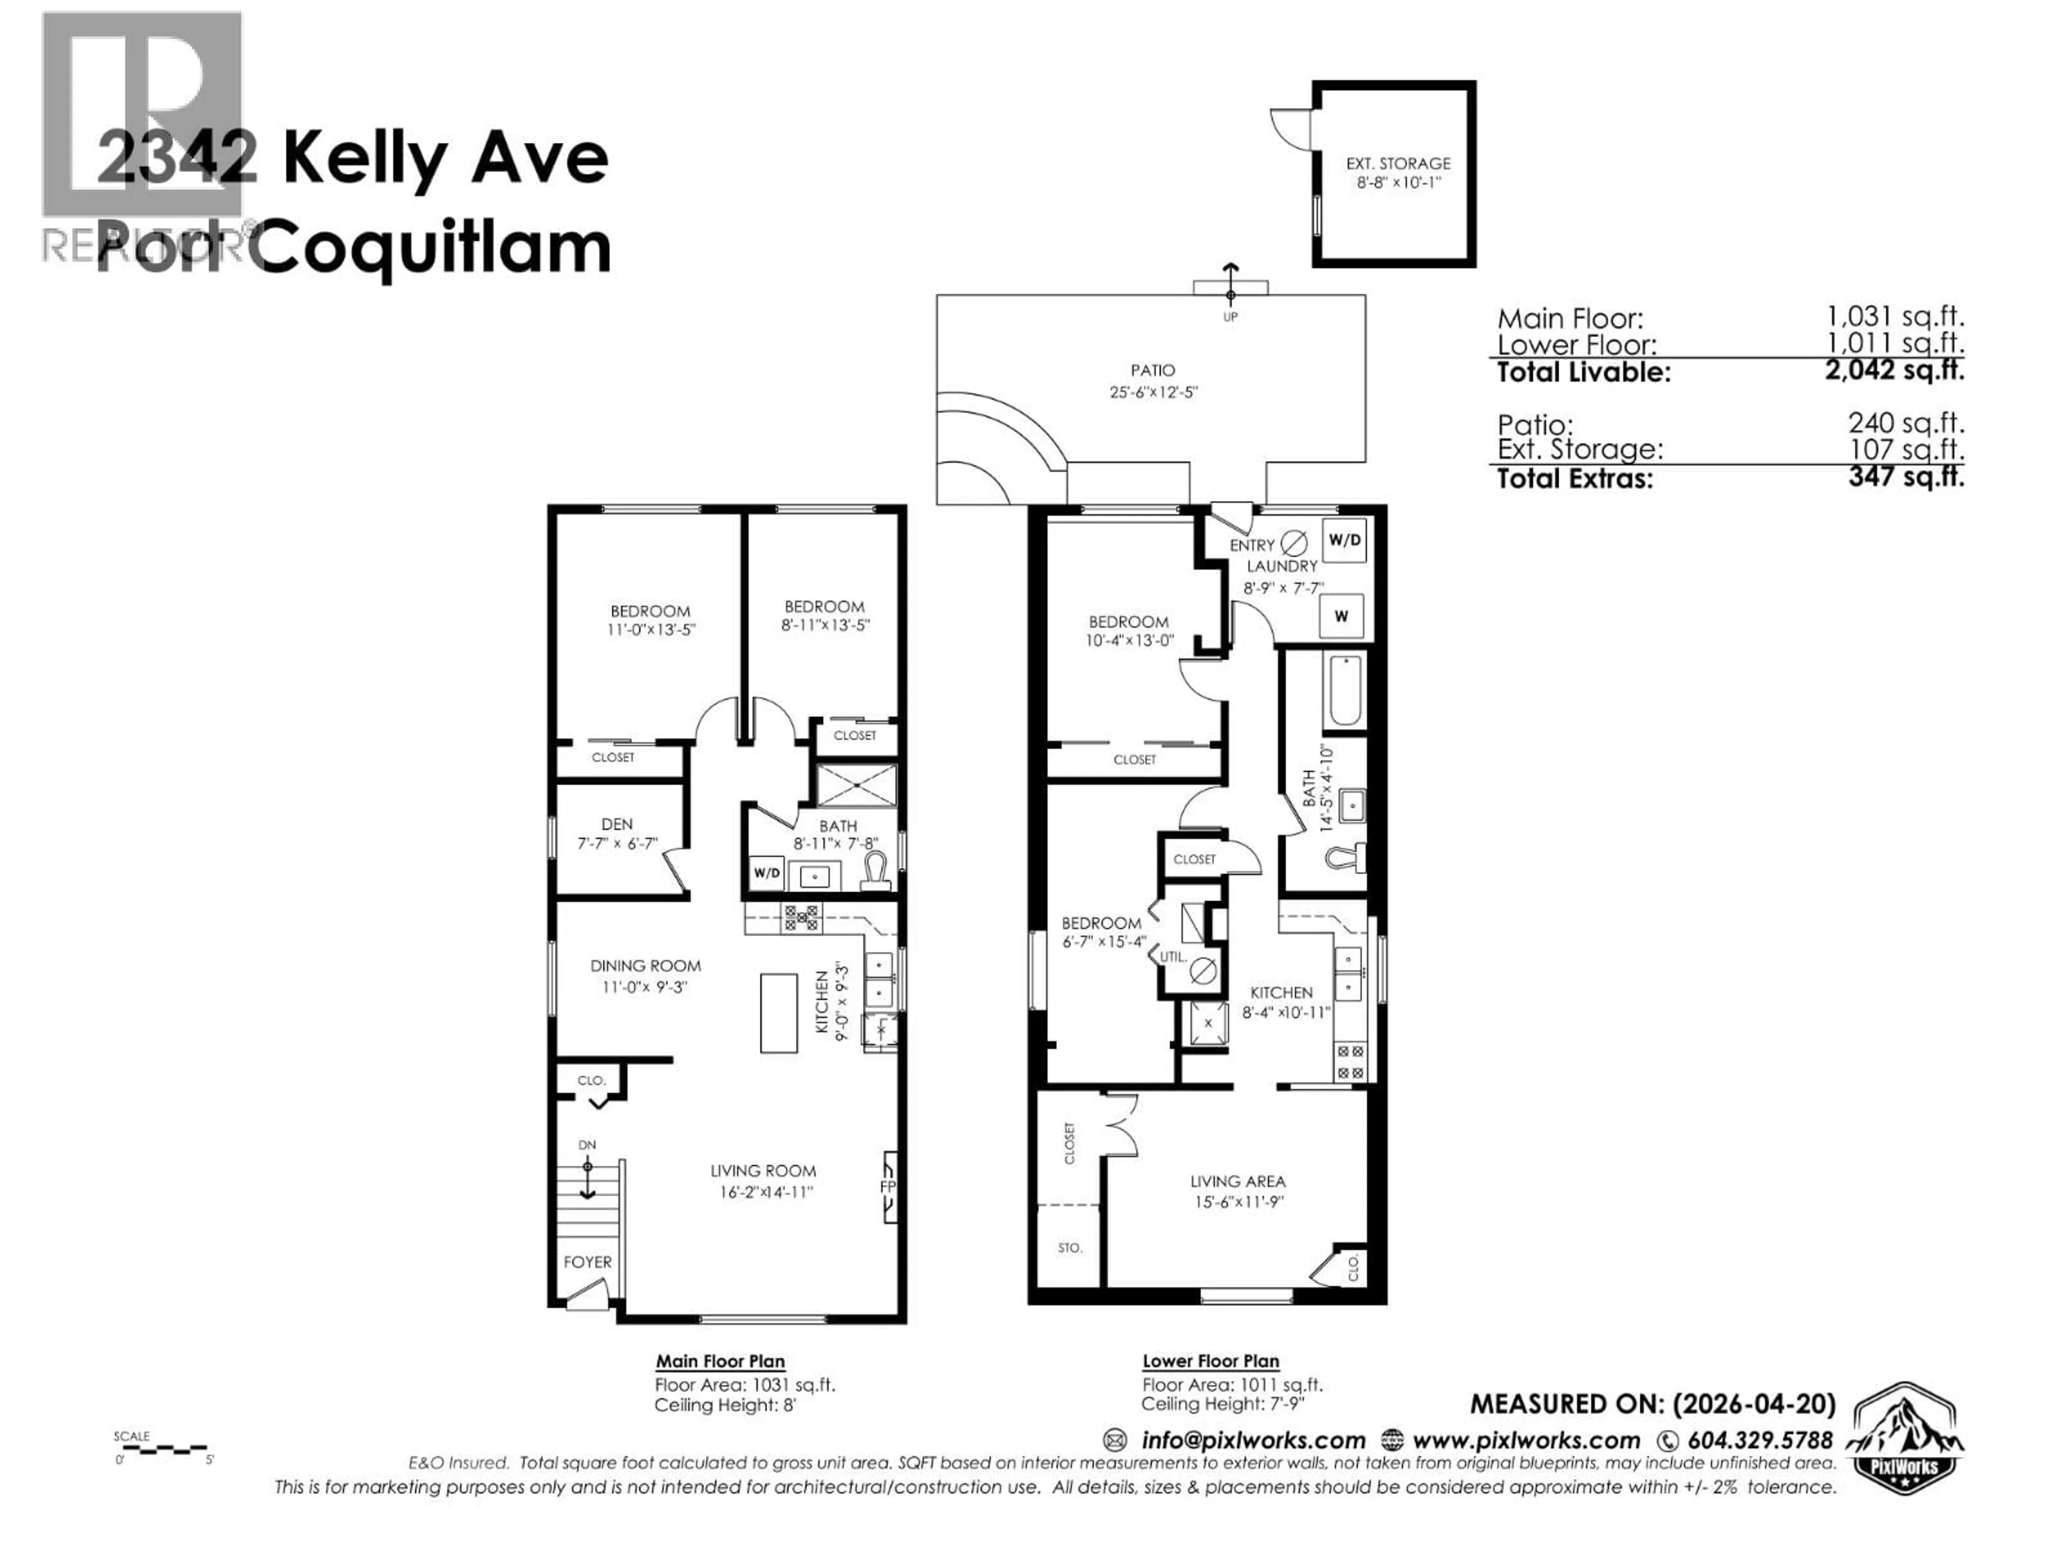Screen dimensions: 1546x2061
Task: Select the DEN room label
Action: click(617, 824)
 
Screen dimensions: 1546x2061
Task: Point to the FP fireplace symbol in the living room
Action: click(888, 1187)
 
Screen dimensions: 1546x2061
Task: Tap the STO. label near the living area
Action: click(1070, 1247)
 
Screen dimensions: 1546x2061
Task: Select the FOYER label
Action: click(587, 1262)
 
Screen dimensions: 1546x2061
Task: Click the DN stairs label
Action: click(587, 1144)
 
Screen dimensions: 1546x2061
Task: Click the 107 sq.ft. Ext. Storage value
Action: click(1905, 449)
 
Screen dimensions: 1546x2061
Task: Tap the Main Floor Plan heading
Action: click(720, 1361)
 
